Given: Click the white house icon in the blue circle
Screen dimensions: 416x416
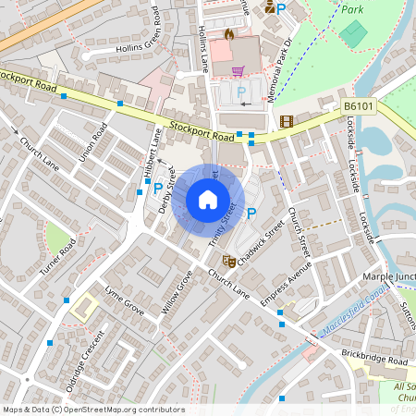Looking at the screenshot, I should [x=208, y=200].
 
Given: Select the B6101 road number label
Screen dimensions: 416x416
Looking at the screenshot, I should [x=359, y=107].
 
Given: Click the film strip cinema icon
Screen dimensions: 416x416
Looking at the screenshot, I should [x=287, y=121].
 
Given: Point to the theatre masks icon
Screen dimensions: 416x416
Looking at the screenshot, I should [x=229, y=261].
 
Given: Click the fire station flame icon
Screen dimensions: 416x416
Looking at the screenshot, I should [x=228, y=33].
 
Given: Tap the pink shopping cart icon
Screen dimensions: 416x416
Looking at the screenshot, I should [x=238, y=69].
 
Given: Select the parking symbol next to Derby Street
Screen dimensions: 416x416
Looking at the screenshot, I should [x=157, y=188].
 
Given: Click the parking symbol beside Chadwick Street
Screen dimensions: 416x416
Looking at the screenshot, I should [x=251, y=214].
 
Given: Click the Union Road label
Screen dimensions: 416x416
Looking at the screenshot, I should [x=93, y=142].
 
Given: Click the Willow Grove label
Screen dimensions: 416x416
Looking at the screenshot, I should [x=177, y=292].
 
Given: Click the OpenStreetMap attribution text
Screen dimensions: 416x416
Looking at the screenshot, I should [x=92, y=409].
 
